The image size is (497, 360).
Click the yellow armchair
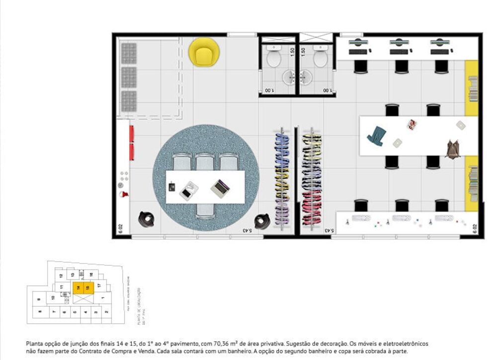pyautogui.click(x=204, y=52)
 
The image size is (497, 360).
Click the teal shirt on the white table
pyautogui.click(x=377, y=136)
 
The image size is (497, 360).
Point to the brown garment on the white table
pyautogui.click(x=452, y=149)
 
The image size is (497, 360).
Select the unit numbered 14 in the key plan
pyautogui.click(x=78, y=287)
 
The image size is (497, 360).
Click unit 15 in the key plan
pyautogui.click(x=87, y=287)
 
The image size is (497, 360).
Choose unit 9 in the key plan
pyautogui.click(x=38, y=299)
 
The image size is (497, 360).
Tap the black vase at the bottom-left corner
pyautogui.click(x=146, y=218)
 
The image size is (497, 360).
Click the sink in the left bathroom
pyautogui.click(x=290, y=77)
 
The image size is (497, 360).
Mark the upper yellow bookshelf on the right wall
pyautogui.click(x=472, y=88)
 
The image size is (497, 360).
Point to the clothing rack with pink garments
pyautogui.click(x=312, y=179)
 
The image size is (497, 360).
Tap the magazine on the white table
pyautogui.click(x=412, y=124)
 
